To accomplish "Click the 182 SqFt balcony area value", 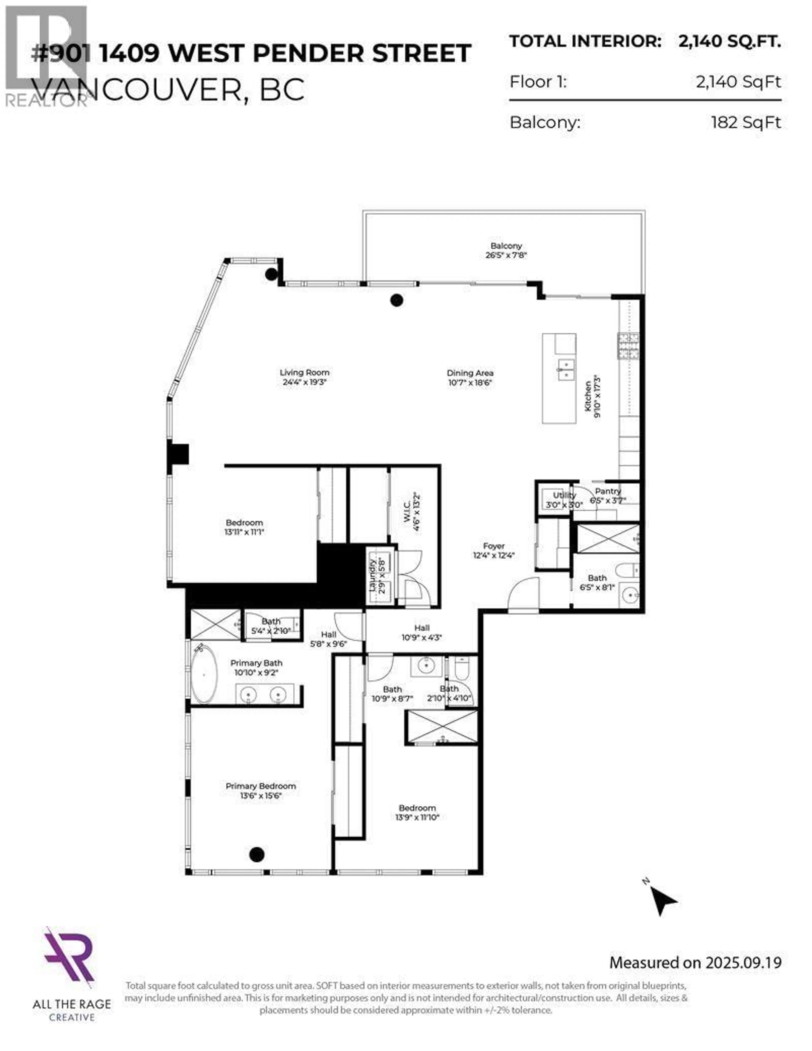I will click(746, 123).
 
